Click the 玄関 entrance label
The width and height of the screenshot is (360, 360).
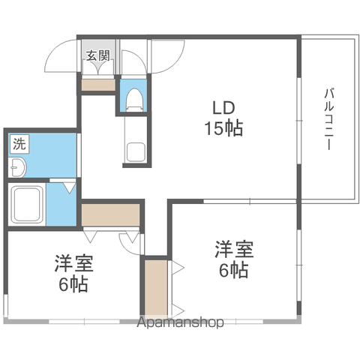(98, 55)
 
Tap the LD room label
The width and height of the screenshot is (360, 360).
(223, 108)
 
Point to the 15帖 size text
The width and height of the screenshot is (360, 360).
(223, 128)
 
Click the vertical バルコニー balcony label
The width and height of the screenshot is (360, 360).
(329, 119)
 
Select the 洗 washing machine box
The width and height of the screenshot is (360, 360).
(19, 144)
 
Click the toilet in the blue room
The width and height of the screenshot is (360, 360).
(135, 100)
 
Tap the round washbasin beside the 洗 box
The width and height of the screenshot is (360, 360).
(17, 167)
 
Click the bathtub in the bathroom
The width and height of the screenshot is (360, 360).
(27, 205)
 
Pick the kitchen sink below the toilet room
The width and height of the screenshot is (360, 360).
(135, 152)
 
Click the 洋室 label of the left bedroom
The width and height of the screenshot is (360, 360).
(74, 263)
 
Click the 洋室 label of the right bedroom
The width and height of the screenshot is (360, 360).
(234, 249)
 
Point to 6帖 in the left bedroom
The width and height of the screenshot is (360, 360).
(73, 284)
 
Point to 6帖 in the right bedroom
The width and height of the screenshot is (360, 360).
(234, 270)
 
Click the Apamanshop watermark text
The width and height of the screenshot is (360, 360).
(180, 322)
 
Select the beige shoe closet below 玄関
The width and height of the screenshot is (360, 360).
(98, 85)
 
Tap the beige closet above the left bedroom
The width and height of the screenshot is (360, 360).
(110, 214)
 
